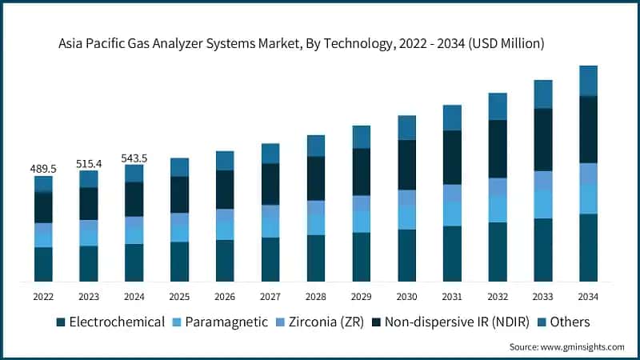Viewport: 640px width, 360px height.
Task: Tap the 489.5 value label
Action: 43,169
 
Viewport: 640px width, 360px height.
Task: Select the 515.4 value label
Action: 89,163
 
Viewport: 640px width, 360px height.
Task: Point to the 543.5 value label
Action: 134,158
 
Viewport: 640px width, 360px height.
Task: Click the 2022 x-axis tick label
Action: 43,296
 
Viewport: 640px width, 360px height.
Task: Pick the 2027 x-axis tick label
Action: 270,296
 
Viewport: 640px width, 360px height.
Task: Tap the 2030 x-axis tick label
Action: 407,296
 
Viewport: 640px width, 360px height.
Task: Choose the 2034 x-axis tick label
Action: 589,296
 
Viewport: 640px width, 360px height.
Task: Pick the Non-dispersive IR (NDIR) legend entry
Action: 460,322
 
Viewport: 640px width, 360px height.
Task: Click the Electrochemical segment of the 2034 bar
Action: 589,247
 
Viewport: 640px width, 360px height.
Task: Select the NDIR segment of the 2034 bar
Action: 589,130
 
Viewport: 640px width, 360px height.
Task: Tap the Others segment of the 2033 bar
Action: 543,94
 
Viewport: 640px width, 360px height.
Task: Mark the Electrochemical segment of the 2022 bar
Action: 43,264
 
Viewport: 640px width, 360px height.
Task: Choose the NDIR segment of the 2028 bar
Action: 316,178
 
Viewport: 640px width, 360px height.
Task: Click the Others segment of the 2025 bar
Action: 180,167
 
